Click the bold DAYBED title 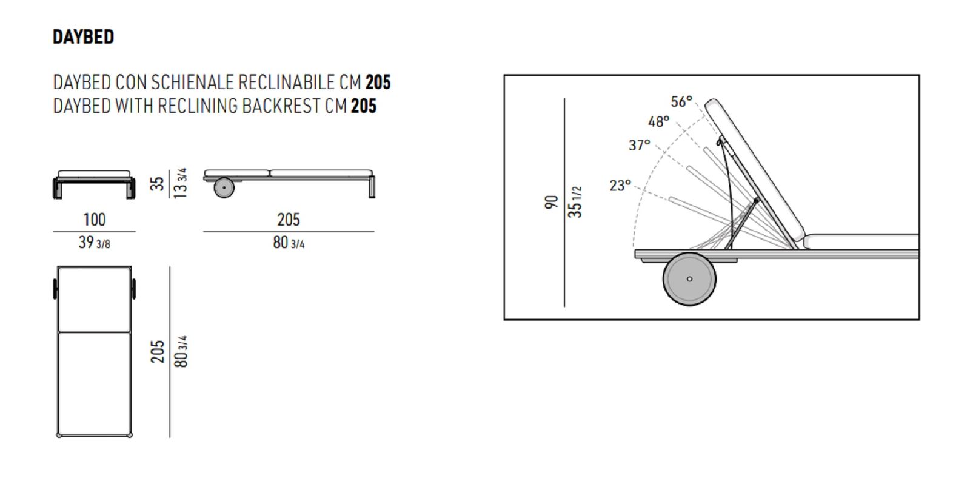click(x=83, y=37)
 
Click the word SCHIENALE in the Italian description click(x=192, y=82)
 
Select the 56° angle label click(x=681, y=101)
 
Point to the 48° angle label click(x=658, y=122)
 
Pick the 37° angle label click(x=639, y=145)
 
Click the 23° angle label click(x=620, y=186)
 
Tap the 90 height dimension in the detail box click(x=551, y=203)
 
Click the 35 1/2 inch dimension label click(x=575, y=202)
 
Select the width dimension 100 click(x=95, y=220)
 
